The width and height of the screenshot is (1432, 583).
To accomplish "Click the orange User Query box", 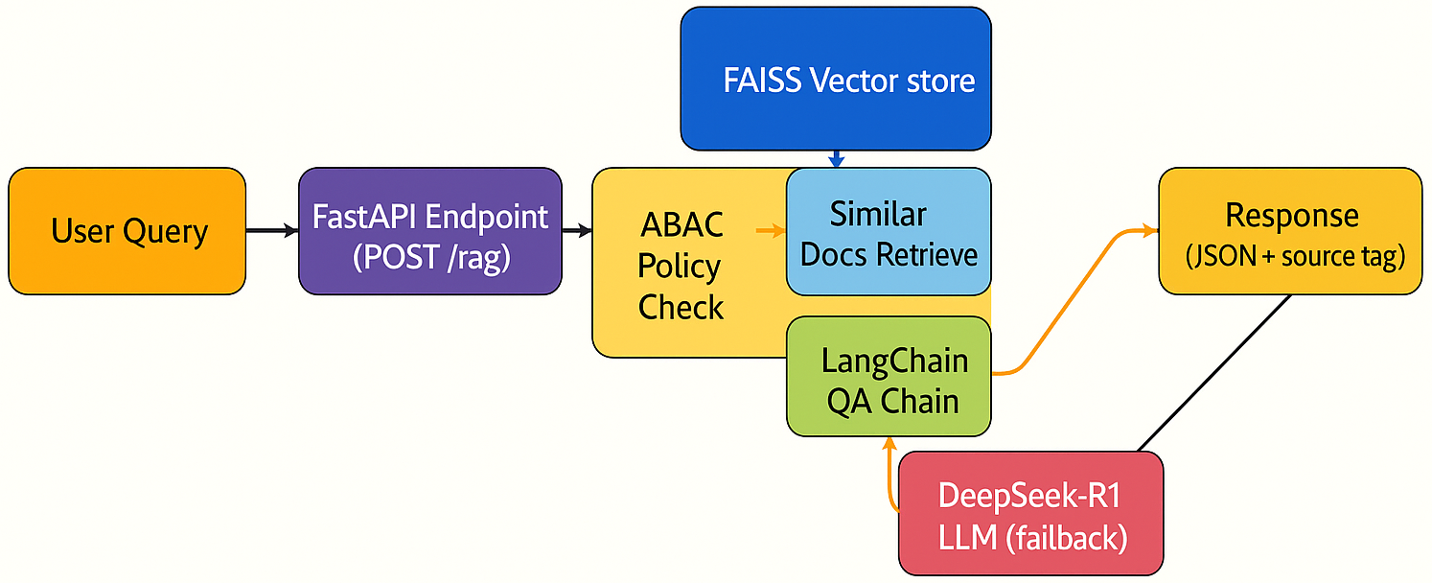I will coord(127,231).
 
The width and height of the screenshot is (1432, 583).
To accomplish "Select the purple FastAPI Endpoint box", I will coord(429,231).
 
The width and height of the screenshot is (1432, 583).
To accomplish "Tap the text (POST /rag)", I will coord(429,257).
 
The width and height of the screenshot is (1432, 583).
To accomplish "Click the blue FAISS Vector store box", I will coord(835,79).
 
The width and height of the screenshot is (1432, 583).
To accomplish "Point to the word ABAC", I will coord(681,226).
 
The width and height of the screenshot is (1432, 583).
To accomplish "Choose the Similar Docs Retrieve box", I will coord(889,232).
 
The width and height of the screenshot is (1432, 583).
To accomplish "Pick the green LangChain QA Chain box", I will coord(889,378).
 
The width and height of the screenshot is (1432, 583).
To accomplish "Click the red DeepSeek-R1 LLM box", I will coord(1030,514).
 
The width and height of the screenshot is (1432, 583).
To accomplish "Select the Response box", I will coord(1290,230).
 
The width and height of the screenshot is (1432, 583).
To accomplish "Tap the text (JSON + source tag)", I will coord(1295,256).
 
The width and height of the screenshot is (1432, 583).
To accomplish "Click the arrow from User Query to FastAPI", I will coord(272,231).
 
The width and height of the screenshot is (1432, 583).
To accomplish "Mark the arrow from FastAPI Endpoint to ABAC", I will coord(577,231).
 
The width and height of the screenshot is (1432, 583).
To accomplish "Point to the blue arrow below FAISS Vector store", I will coord(836,158).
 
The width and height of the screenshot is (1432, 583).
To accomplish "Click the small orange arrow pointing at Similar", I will coord(770,230).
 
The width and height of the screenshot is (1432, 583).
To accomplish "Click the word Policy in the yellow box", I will coord(680,267).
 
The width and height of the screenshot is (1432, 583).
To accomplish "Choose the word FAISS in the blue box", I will coord(763,81).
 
